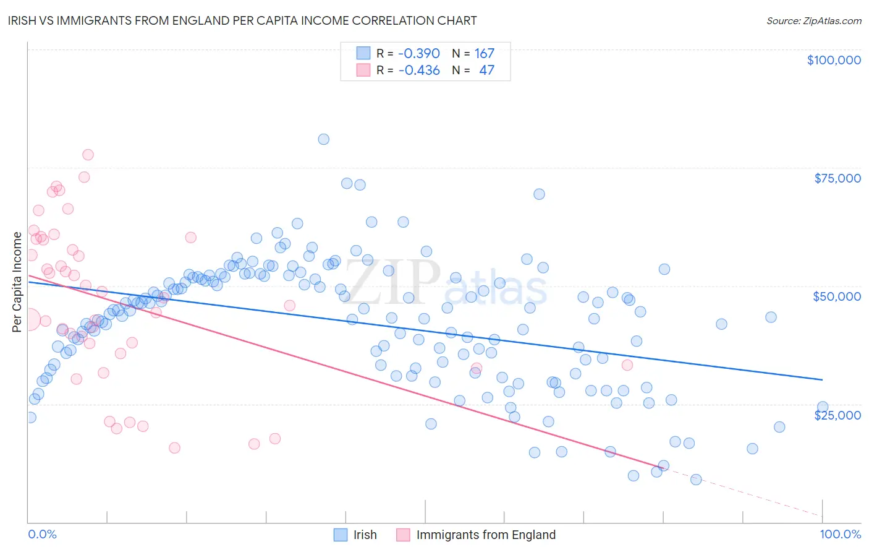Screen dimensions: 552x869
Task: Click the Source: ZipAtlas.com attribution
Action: [813, 20]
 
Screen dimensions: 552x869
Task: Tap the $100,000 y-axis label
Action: [833, 60]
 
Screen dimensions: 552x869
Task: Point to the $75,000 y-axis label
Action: [837, 178]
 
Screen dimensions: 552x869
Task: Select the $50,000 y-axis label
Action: [836, 296]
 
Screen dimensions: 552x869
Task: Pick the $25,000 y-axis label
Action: [837, 415]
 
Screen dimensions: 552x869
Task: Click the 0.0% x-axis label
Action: [42, 534]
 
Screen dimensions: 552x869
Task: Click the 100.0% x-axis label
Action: [840, 534]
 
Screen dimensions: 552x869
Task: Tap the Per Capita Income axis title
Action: [17, 282]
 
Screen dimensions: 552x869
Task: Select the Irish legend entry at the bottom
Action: [365, 535]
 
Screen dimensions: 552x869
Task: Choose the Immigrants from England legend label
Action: [486, 535]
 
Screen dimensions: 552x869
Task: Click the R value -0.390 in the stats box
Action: [418, 54]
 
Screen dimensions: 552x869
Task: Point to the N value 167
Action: [485, 54]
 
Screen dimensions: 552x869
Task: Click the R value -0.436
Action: [418, 71]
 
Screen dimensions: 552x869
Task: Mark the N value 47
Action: [486, 71]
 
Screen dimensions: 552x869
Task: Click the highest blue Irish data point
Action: [323, 139]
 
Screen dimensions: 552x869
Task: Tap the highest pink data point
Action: [88, 155]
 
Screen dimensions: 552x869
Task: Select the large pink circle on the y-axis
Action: [29, 320]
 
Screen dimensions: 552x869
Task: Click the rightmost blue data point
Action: [822, 407]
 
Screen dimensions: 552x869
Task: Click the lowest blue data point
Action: [696, 480]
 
